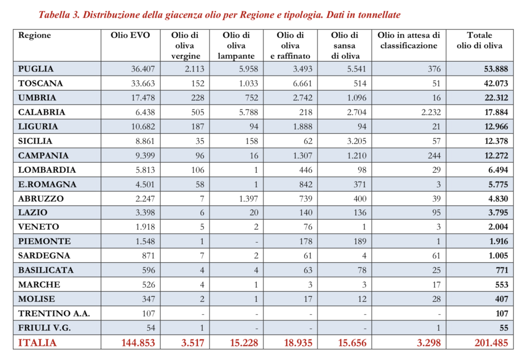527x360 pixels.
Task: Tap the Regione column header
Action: pos(34,35)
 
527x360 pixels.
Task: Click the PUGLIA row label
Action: pos(36,69)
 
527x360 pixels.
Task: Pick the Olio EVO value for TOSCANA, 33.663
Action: pos(140,83)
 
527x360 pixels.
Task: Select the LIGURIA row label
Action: pos(38,127)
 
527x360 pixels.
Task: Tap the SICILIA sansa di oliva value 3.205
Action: pos(354,141)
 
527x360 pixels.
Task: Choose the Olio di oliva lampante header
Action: pos(236,45)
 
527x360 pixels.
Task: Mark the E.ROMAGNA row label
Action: pos(47,184)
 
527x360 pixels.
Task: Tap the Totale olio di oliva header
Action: pos(479,41)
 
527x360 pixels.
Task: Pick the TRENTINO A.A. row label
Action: pos(54,314)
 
